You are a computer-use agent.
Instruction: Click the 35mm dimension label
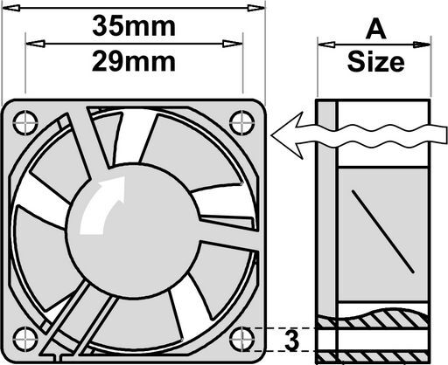point(134,26)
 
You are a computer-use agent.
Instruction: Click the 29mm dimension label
point(134,61)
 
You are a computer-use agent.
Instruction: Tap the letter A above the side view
point(375,30)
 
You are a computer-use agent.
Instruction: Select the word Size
point(375,62)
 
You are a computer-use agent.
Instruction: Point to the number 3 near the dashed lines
point(292,340)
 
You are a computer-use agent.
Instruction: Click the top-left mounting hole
point(25,122)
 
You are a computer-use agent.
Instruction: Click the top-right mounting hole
point(242,122)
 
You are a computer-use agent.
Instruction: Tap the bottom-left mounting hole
point(25,339)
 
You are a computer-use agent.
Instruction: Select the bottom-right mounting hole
point(242,339)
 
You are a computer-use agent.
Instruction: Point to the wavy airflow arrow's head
point(286,135)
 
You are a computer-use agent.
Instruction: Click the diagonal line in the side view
point(382,231)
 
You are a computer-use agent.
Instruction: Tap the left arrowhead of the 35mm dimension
point(11,8)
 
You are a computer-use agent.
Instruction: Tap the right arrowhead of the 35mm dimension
point(256,8)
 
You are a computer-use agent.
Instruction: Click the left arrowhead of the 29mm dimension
point(35,44)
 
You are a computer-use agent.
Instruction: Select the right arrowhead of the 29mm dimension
point(233,44)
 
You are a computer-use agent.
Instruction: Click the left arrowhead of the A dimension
point(326,45)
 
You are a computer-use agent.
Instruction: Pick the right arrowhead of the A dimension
point(422,45)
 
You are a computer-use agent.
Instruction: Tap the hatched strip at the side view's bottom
point(374,357)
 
